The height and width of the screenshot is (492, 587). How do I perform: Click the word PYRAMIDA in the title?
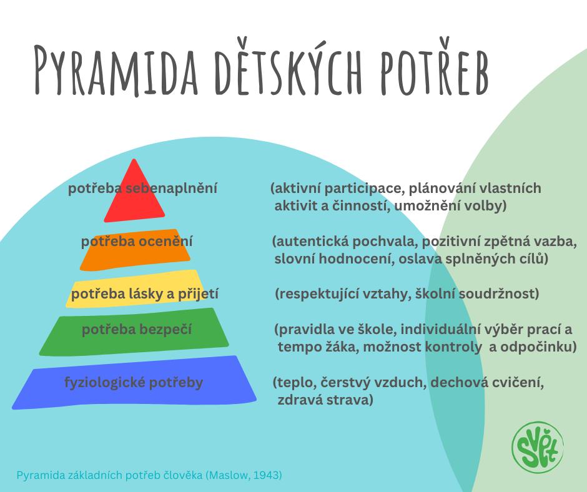116,71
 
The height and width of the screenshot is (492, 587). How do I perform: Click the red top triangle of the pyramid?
134,192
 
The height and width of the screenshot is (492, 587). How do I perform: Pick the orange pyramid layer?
135,249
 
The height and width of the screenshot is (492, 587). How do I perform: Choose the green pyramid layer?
134,332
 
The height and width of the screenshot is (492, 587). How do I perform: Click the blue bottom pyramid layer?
134,383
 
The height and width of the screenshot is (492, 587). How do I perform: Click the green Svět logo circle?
538,447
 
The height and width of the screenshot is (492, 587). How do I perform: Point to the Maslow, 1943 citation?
245,475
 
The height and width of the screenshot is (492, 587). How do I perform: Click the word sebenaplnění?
171,188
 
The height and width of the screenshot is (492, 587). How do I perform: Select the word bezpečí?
165,330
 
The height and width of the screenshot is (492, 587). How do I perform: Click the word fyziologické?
105,383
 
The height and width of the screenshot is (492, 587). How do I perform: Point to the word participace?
363,188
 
